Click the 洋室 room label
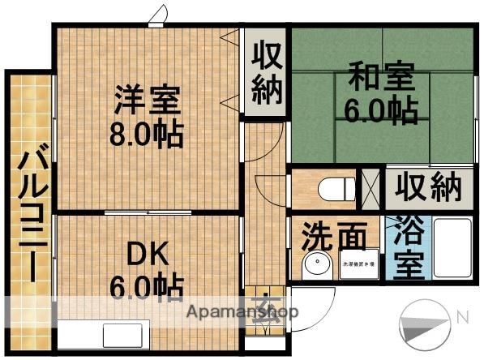pyautogui.click(x=147, y=103)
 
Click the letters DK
pyautogui.click(x=147, y=255)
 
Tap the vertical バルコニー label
pyautogui.click(x=32, y=212)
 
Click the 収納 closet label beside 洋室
pyautogui.click(x=266, y=72)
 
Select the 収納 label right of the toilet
pyautogui.click(x=428, y=187)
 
